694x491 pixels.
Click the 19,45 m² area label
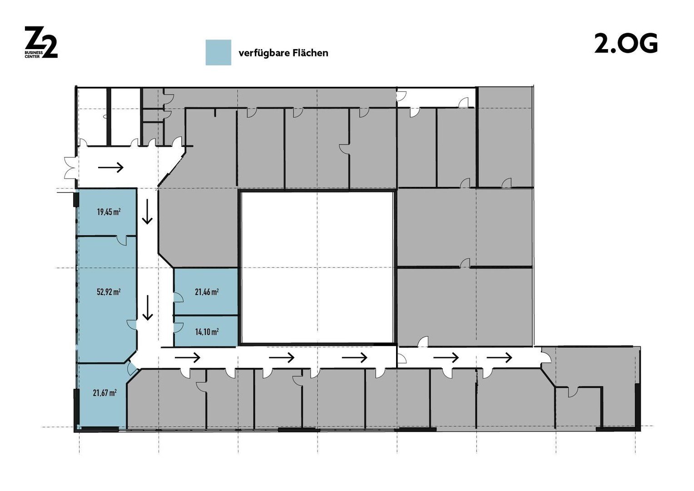[x=109, y=212]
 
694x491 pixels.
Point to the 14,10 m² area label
[x=207, y=332]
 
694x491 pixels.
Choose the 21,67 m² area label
[x=105, y=393]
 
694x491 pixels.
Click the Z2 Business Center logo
[x=41, y=42]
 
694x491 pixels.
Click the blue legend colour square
[x=218, y=52]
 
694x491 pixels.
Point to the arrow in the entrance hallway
[x=111, y=168]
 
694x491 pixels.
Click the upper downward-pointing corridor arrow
[x=148, y=211]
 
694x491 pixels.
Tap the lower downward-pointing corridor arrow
[x=148, y=308]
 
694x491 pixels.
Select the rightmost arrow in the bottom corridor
[x=500, y=358]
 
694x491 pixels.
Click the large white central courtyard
[x=317, y=268]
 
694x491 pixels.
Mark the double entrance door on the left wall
[x=70, y=168]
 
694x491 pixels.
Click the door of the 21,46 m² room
[x=178, y=297]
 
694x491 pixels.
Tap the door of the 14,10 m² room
[x=178, y=328]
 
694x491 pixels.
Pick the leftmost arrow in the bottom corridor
[x=188, y=358]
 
